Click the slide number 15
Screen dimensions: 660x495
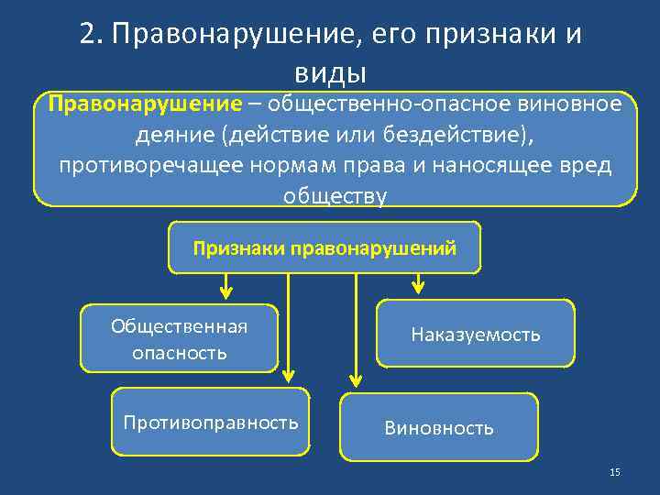614,471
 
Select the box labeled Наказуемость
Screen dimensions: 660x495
476,335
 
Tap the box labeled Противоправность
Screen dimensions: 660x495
211,423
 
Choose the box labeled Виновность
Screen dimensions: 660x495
439,427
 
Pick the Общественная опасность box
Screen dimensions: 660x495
180,339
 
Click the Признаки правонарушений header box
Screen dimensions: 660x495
324,247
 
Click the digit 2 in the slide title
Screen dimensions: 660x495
87,34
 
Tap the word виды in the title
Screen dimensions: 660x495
330,71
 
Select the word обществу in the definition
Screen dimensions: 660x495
335,195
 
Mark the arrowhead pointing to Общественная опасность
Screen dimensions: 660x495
225,293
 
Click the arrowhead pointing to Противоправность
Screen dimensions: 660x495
289,375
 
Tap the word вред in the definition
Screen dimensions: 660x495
591,165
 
